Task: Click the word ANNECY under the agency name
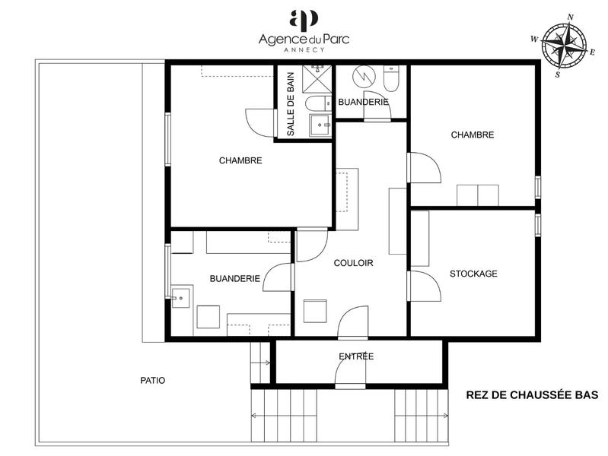point(304,49)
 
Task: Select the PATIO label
point(152,380)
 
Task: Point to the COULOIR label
point(353,263)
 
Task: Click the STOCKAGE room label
point(473,274)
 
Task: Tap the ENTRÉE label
point(356,356)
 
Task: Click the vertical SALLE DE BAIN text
point(290,103)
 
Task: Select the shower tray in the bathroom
point(318,78)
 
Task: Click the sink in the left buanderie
point(180,297)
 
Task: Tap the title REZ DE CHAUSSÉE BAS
point(532,394)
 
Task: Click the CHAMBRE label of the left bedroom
point(240,160)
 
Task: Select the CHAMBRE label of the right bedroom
point(473,135)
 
